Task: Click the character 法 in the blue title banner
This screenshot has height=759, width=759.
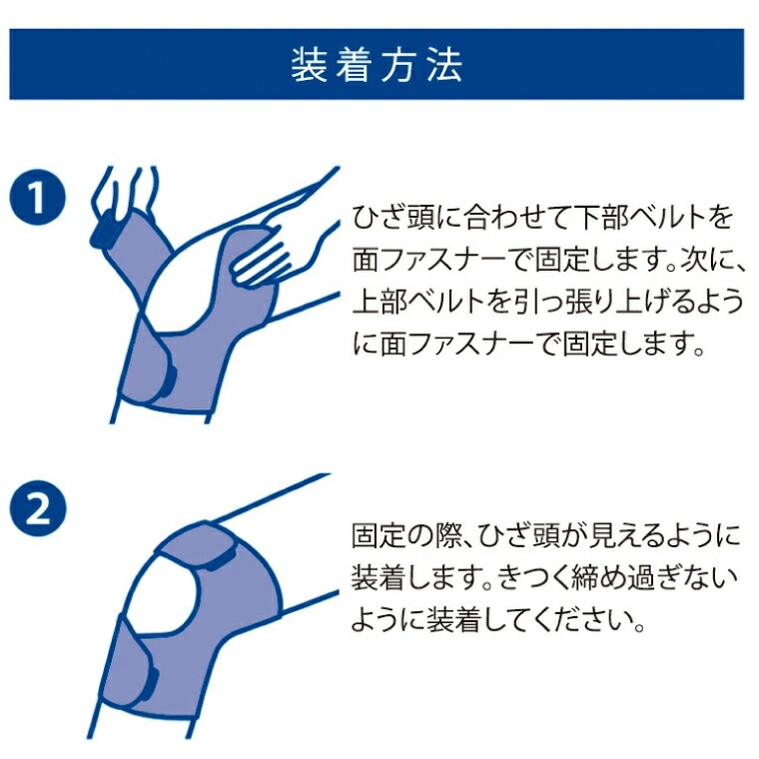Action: click(445, 65)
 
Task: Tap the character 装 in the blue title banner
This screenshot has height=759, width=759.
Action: click(309, 65)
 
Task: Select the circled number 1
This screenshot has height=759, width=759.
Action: click(37, 198)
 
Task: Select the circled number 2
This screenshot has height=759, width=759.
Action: click(37, 507)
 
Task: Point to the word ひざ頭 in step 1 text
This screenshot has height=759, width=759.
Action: click(394, 218)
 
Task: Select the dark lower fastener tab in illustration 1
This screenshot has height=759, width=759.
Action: click(171, 379)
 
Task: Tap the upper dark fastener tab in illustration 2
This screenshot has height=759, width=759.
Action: click(222, 558)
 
